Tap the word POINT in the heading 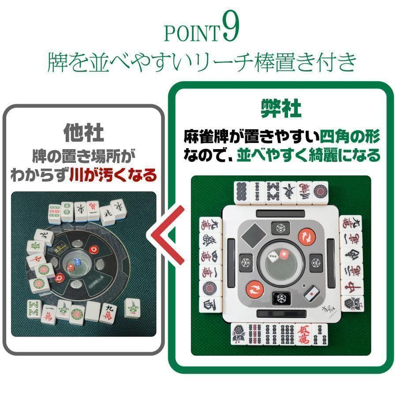[x=191, y=34]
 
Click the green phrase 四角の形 [x=350, y=136]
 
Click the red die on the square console [x=284, y=255]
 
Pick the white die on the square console [x=274, y=256]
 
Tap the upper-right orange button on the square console [x=306, y=237]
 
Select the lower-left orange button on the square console [x=255, y=289]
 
